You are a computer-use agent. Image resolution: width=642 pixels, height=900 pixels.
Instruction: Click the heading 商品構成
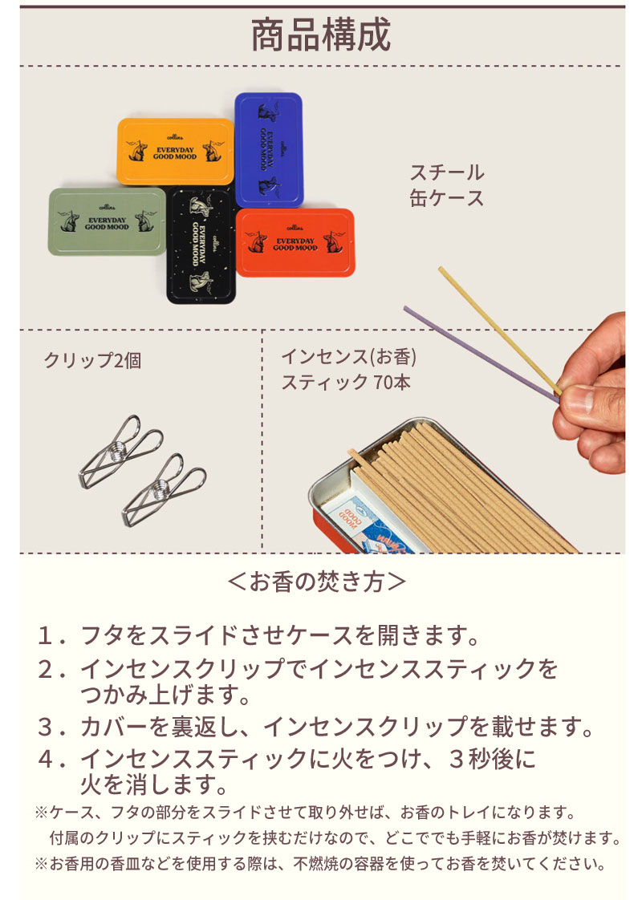[x=321, y=36]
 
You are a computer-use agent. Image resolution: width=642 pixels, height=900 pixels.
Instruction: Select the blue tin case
[x=269, y=148]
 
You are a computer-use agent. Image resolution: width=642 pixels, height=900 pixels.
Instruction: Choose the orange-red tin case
[x=295, y=241]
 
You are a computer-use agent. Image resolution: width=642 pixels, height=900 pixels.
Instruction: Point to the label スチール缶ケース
[x=447, y=184]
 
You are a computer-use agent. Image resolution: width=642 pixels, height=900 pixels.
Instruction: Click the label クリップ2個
[x=92, y=360]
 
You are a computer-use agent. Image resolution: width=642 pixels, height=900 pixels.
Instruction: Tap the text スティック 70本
[x=345, y=382]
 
